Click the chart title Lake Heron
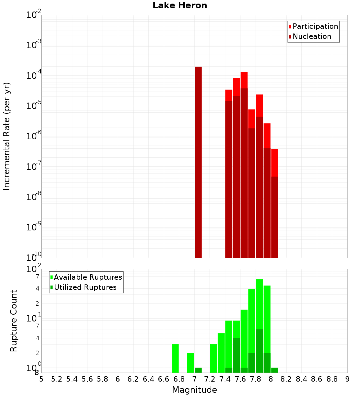click(180, 5)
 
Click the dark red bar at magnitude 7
click(198, 162)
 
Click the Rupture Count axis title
click(14, 321)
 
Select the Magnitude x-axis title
click(194, 390)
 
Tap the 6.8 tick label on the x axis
click(179, 379)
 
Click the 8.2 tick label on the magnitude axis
click(286, 379)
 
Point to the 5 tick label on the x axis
click(41, 379)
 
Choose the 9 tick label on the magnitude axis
click(347, 379)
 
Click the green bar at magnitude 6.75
click(175, 358)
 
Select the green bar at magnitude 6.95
click(190, 363)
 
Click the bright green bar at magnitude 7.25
click(213, 358)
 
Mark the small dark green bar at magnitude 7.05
click(198, 370)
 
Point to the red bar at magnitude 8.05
click(275, 162)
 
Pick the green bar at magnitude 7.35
click(221, 353)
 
